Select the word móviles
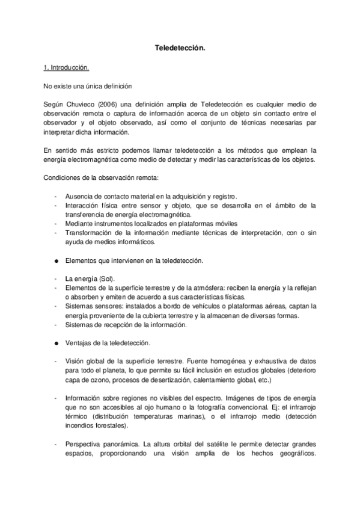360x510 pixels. (x=207, y=224)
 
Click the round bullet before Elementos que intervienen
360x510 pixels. (x=56, y=260)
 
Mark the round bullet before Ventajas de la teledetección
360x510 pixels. (x=56, y=343)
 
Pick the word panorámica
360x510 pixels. (x=123, y=444)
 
